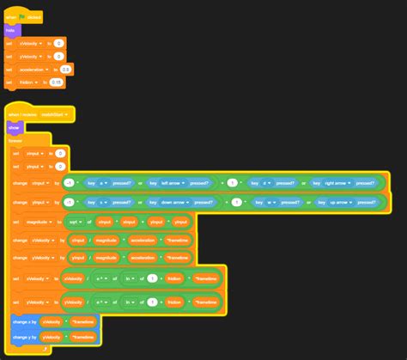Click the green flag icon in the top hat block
tap(21, 16)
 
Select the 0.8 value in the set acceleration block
tap(65, 69)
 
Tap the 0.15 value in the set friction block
tap(56, 82)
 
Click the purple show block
tap(14, 127)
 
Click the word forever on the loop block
tap(16, 140)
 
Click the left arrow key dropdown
tap(171, 183)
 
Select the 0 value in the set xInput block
tap(60, 153)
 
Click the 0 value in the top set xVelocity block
tap(58, 42)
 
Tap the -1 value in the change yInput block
tap(68, 203)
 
